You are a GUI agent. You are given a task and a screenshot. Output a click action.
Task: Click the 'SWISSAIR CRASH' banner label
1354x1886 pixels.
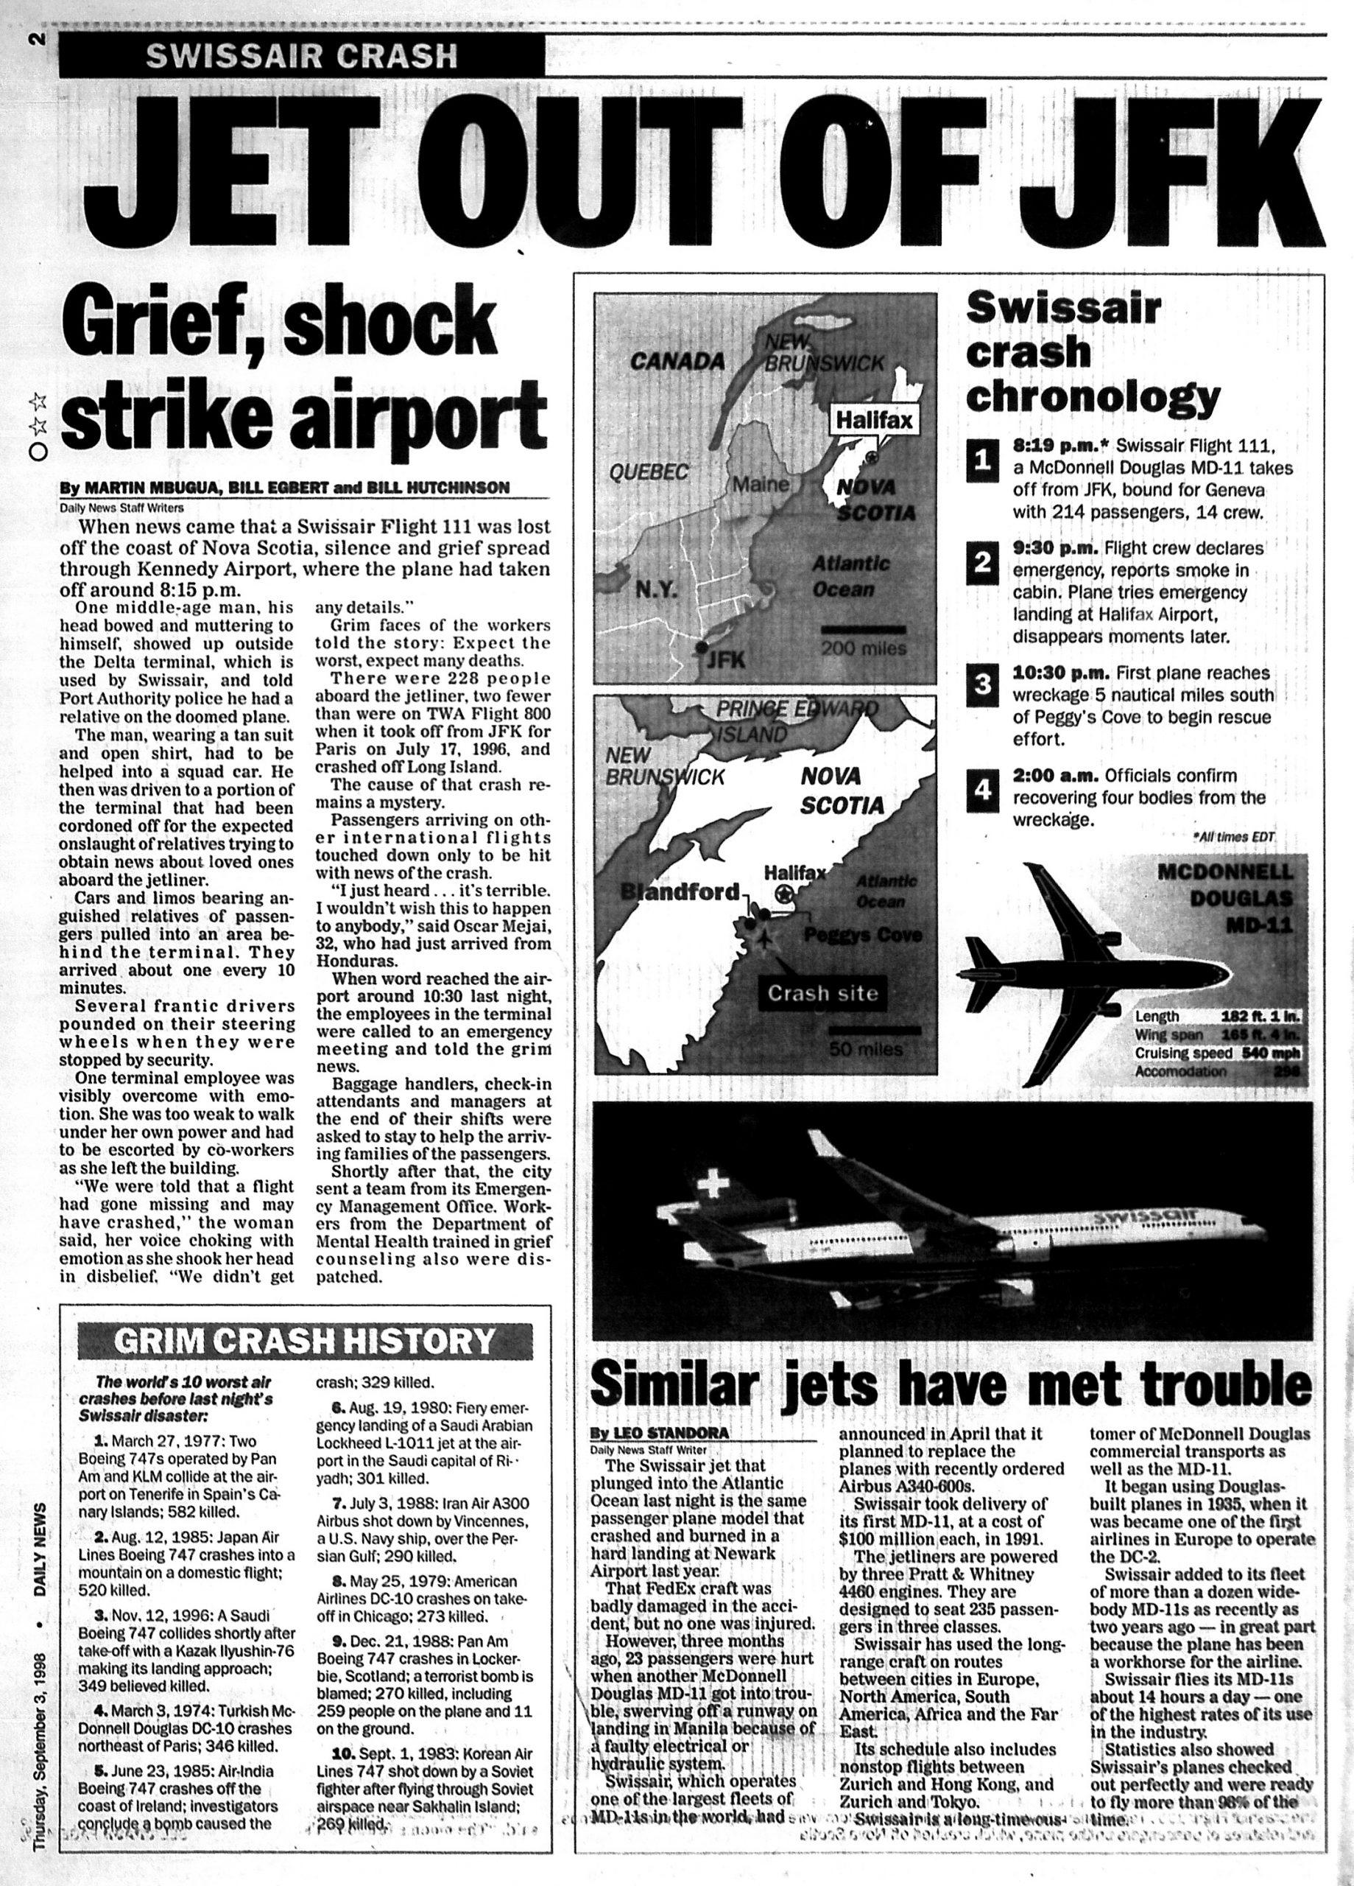point(301,56)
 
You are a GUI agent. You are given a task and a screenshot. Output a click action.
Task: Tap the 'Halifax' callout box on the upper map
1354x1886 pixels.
point(873,421)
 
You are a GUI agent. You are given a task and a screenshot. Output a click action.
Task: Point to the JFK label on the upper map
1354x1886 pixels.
point(728,660)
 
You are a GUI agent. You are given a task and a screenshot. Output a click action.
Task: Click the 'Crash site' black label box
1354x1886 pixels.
point(822,994)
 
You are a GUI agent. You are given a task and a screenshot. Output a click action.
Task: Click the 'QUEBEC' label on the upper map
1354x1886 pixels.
point(649,472)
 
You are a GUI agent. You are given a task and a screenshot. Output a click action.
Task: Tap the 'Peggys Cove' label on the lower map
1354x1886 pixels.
point(863,936)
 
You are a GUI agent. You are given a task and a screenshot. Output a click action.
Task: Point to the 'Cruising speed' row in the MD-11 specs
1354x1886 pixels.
point(1217,1054)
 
